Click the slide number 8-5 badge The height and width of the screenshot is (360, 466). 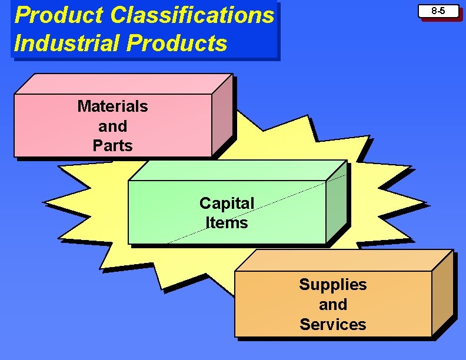pyautogui.click(x=438, y=11)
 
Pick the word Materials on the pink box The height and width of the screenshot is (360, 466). pyautogui.click(x=112, y=106)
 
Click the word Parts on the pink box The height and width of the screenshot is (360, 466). pyautogui.click(x=112, y=145)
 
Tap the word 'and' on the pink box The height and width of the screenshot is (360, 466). pyautogui.click(x=112, y=126)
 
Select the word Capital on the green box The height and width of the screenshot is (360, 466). pyautogui.click(x=227, y=203)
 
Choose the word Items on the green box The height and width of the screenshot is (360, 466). pyautogui.click(x=227, y=222)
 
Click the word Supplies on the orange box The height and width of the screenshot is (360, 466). pyautogui.click(x=332, y=285)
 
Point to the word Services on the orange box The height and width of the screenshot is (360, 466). pyautogui.click(x=332, y=324)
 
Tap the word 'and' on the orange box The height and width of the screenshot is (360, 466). pyautogui.click(x=332, y=304)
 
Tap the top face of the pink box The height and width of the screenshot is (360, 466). pyautogui.click(x=124, y=84)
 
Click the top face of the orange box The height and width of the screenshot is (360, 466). pyautogui.click(x=344, y=261)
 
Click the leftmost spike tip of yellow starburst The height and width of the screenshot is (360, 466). pyautogui.click(x=44, y=203)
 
